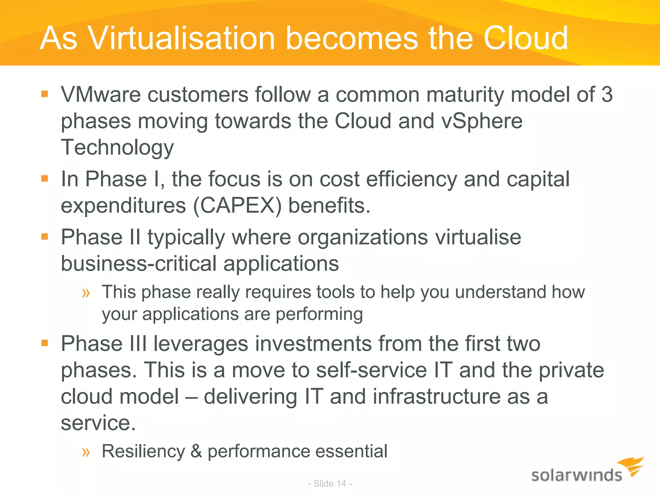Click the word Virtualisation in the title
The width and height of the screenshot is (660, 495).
click(181, 39)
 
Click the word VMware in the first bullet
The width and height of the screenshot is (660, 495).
click(101, 95)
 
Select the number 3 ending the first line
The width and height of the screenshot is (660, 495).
click(607, 95)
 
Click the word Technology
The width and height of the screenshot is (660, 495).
click(117, 148)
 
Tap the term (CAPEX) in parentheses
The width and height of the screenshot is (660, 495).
click(238, 206)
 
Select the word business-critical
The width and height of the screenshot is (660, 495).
click(139, 264)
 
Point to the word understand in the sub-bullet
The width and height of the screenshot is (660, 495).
click(500, 292)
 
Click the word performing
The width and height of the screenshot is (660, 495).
click(319, 314)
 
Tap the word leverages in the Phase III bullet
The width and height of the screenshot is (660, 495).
click(201, 344)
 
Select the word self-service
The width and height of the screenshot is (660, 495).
click(371, 370)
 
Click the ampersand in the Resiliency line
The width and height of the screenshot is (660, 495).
click(196, 451)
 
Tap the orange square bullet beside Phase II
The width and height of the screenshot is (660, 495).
click(44, 237)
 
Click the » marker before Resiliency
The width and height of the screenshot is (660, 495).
click(86, 452)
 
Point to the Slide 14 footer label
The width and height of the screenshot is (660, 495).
click(330, 484)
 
